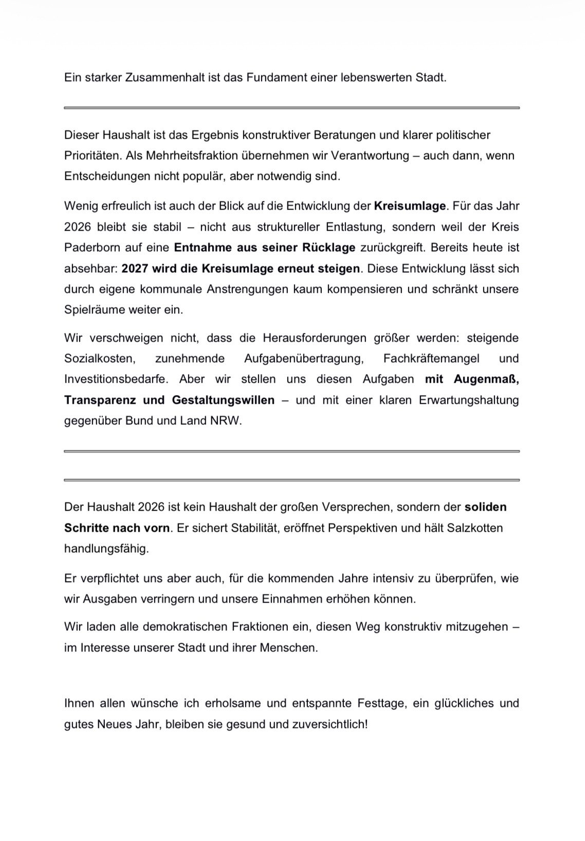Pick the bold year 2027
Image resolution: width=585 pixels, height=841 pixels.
click(x=135, y=269)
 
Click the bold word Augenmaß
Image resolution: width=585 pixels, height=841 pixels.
click(x=486, y=379)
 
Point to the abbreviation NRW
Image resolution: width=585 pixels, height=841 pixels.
click(x=225, y=421)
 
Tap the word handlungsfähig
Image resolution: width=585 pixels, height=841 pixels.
click(x=105, y=549)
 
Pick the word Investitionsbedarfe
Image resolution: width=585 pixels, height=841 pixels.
click(x=116, y=379)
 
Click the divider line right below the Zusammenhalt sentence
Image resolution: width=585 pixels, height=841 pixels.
click(x=291, y=108)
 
